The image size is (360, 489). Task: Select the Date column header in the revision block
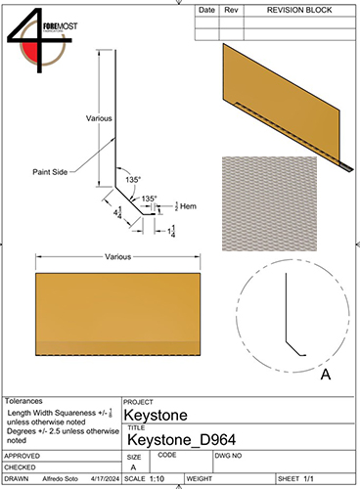[x=206, y=9]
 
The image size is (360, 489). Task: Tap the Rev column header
[x=232, y=9]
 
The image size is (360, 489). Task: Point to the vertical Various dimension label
[x=100, y=117]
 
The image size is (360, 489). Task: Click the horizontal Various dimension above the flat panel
[x=119, y=257]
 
